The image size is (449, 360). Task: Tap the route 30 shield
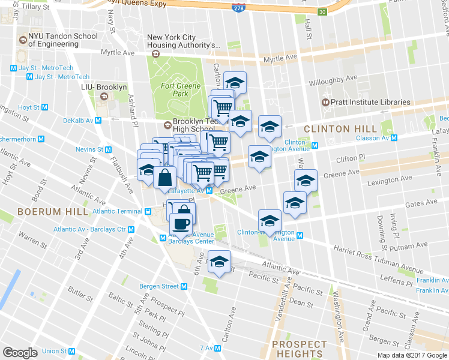[x=322, y=12]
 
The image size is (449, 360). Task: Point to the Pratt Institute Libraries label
[x=372, y=102]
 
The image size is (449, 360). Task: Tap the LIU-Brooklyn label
[x=104, y=88]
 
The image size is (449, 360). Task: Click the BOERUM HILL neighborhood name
[x=46, y=212]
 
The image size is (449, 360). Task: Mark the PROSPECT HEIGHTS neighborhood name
[x=300, y=349]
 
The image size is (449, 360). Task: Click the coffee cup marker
[x=181, y=224]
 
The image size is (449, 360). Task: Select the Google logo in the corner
[x=20, y=352]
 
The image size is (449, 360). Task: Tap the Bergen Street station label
[x=159, y=286]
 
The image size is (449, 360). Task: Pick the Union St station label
[x=55, y=351]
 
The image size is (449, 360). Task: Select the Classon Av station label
[x=372, y=137]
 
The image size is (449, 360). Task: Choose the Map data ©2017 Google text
[x=412, y=355]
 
